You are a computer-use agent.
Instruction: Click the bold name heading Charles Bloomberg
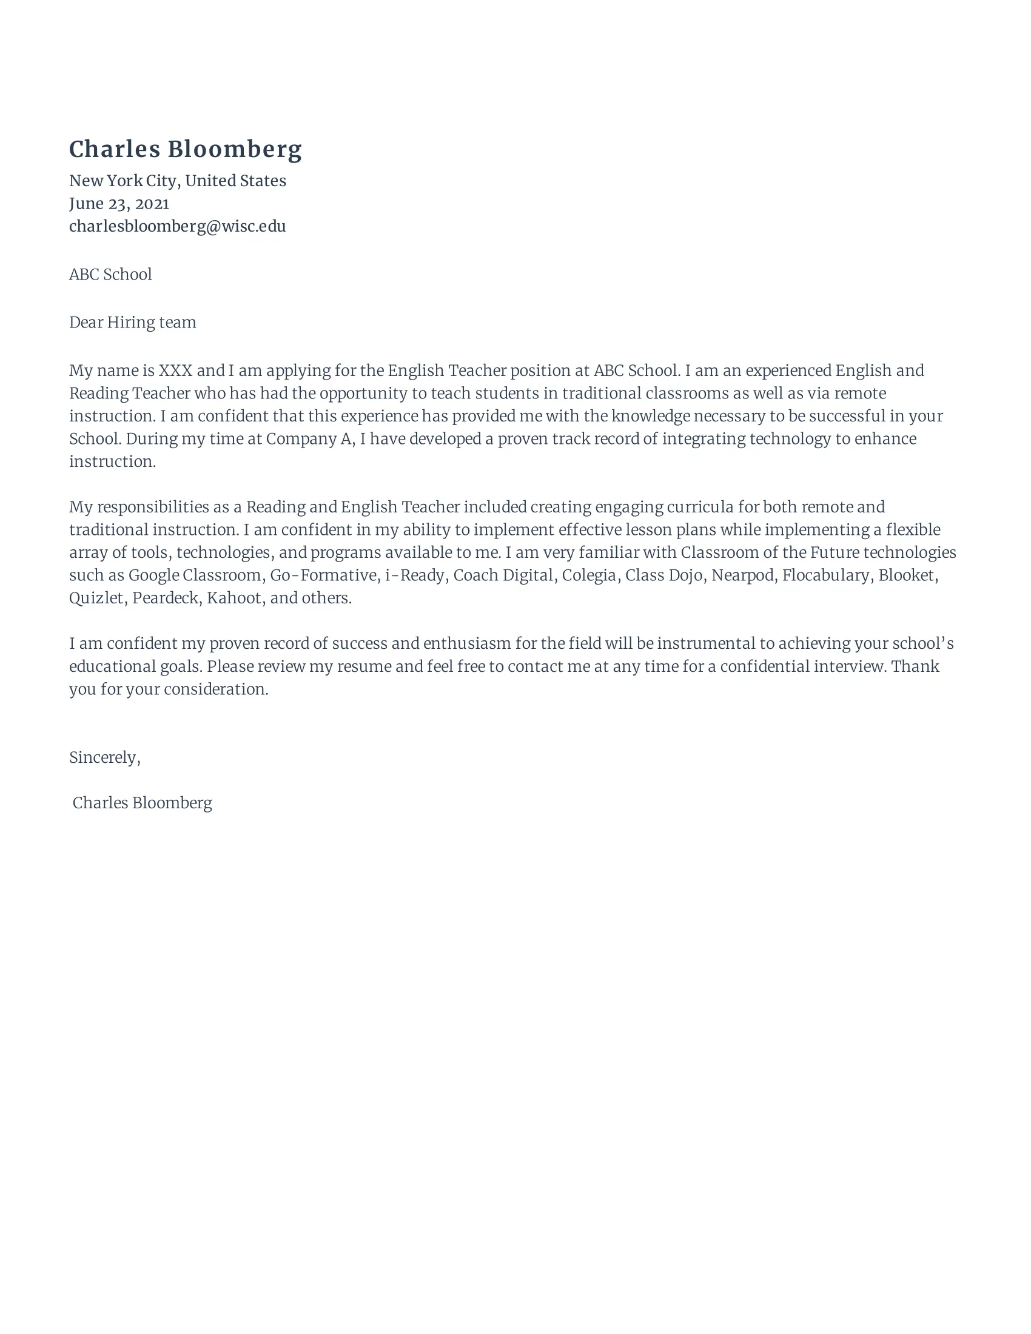pos(185,150)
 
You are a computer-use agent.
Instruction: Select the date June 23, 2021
pos(119,203)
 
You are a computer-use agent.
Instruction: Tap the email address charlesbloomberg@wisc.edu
pos(177,226)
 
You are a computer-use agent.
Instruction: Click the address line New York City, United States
pos(177,181)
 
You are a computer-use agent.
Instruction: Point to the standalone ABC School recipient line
pos(110,274)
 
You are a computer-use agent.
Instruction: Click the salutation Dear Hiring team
pos(133,323)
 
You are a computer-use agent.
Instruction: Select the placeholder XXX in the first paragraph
pos(175,370)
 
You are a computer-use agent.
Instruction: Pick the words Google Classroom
pos(195,575)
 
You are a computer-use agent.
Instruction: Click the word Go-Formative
pos(323,575)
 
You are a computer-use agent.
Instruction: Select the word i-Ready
pos(414,575)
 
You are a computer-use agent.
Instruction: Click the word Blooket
pos(907,575)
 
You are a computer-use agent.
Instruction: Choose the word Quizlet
pos(96,598)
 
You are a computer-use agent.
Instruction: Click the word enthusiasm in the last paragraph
pos(466,644)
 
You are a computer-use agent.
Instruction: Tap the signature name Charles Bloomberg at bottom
pos(143,803)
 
